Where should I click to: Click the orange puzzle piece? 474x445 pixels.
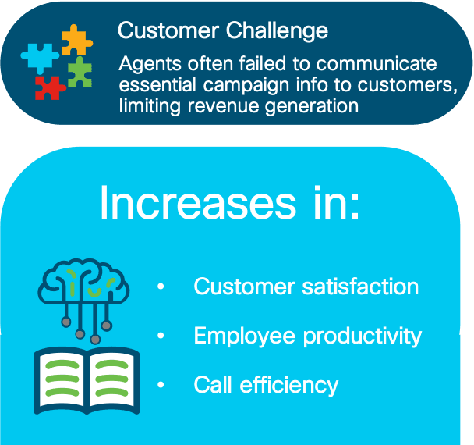[x=76, y=41]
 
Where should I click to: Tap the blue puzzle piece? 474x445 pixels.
[x=40, y=58]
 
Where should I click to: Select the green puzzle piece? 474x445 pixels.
[x=80, y=73]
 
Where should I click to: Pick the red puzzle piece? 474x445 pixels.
[x=50, y=87]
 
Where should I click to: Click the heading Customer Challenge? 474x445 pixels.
[x=223, y=31]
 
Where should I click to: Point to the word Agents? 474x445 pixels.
[x=150, y=65]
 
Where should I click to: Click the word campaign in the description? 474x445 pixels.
[x=246, y=86]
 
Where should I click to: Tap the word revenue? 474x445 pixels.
[x=223, y=106]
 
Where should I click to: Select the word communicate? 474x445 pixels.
[x=377, y=64]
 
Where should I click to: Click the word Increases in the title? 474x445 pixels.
[x=198, y=202]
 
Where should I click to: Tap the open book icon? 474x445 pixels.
[x=87, y=380]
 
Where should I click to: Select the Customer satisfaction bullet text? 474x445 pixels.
[x=306, y=287]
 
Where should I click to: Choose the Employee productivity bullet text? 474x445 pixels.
[x=308, y=336]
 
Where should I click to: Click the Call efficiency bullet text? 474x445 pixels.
[x=266, y=386]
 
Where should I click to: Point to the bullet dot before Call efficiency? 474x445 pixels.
[x=161, y=385]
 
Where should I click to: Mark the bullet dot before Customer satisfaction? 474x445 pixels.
[x=161, y=286]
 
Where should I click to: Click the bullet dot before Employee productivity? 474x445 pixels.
[x=161, y=336]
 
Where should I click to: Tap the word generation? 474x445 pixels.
[x=312, y=107]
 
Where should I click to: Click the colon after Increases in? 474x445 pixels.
[x=355, y=207]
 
